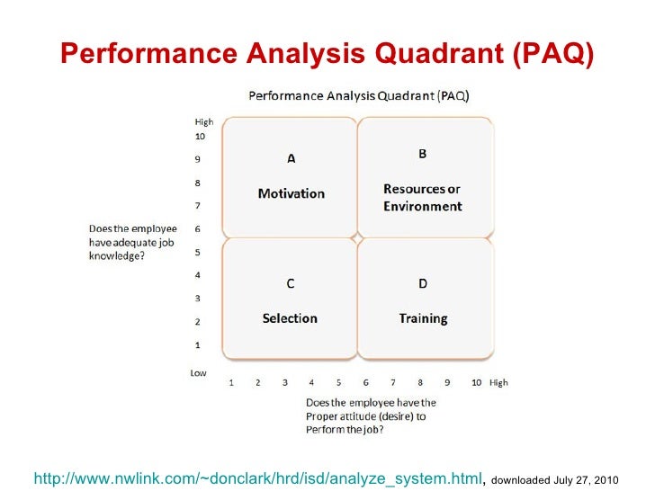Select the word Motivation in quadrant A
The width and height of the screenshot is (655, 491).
point(291,193)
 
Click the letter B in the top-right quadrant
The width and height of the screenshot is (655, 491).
point(422,154)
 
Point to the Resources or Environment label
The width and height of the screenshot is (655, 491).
point(422,198)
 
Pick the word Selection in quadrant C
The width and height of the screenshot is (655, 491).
point(290,318)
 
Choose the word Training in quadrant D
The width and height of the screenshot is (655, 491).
point(423,318)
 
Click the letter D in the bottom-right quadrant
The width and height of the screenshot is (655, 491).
point(423,284)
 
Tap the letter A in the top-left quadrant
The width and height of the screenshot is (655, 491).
point(291,159)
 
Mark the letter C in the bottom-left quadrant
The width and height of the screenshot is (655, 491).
point(290,284)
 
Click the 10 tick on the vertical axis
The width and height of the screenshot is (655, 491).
point(201,137)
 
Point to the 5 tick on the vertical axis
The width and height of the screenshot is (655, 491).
point(198,253)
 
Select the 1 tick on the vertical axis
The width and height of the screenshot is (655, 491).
point(198,344)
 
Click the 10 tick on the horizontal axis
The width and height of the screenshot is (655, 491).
point(476,382)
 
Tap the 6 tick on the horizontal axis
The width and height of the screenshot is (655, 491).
point(365,382)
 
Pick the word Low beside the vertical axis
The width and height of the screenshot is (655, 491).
point(199,371)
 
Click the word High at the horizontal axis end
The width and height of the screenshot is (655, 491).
point(498,382)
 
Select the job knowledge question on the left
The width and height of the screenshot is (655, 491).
point(133,242)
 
